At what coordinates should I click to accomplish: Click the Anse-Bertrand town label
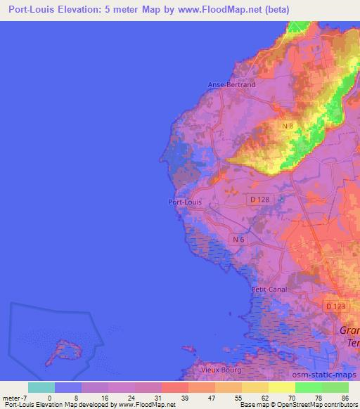pos(231,84)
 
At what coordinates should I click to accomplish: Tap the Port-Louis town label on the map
pos(185,202)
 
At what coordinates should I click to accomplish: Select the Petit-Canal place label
pos(269,289)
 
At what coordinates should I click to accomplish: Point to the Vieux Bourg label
pos(221,370)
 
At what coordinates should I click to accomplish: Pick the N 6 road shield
pos(238,239)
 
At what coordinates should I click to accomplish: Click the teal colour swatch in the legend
pos(41,387)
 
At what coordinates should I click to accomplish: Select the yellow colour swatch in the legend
pos(281,387)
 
